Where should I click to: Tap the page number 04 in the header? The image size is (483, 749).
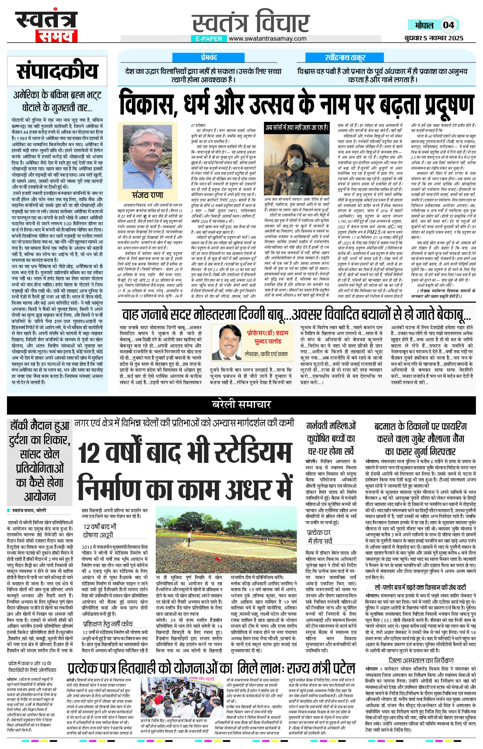[x=448, y=25]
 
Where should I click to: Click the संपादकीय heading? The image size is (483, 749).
[x=58, y=71]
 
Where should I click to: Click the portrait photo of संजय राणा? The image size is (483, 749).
[x=147, y=156]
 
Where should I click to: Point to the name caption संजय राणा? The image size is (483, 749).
[x=147, y=195]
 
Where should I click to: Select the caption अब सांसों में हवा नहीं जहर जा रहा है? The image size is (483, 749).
[x=297, y=128]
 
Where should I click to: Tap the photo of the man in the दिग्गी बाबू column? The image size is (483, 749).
[x=227, y=342]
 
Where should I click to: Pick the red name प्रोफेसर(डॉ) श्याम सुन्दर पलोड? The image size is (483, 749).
[x=268, y=337]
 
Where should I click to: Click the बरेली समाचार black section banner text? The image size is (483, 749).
[x=241, y=404]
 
